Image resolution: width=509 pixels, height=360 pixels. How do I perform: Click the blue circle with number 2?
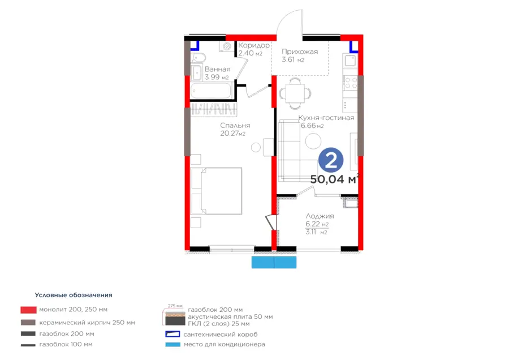point(330,160)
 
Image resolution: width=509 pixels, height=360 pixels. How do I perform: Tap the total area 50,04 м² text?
point(335,179)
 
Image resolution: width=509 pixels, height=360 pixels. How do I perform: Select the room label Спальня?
point(235,126)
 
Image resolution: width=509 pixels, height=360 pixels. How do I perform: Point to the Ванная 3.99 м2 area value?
point(217,78)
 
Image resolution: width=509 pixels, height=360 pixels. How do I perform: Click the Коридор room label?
point(254,45)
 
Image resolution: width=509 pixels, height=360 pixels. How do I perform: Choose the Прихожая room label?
point(300,52)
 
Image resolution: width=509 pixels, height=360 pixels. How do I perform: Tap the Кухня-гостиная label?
point(326,118)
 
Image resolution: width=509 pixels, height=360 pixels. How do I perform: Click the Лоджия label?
point(320,216)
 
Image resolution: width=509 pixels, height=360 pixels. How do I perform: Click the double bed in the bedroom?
point(217,191)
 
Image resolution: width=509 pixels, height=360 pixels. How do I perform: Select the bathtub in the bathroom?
point(211,91)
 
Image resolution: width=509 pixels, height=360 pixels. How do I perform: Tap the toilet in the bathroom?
point(198,58)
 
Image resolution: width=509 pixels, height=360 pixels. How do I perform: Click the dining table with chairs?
point(295,93)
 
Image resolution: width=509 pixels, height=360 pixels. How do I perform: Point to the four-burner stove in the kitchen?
point(350,83)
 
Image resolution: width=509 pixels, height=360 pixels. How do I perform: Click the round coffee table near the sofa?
point(313,142)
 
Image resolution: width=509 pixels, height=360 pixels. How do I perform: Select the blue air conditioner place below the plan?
point(274,262)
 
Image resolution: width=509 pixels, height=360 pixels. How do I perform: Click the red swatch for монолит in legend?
point(29,310)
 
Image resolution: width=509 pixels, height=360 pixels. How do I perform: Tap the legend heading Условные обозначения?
point(74,295)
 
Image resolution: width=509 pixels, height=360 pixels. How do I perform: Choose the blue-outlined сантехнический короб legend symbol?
point(172,334)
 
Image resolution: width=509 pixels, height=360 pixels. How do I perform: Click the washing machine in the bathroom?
point(227,46)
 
